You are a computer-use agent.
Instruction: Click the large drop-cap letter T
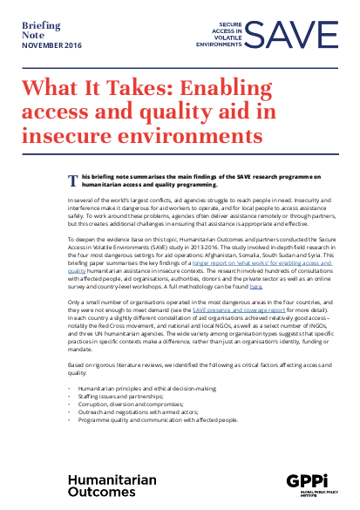coord(73,180)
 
